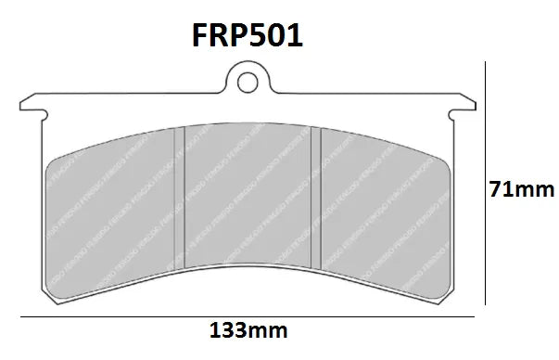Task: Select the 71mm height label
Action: click(521, 191)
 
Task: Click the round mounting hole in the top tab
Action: click(247, 83)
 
